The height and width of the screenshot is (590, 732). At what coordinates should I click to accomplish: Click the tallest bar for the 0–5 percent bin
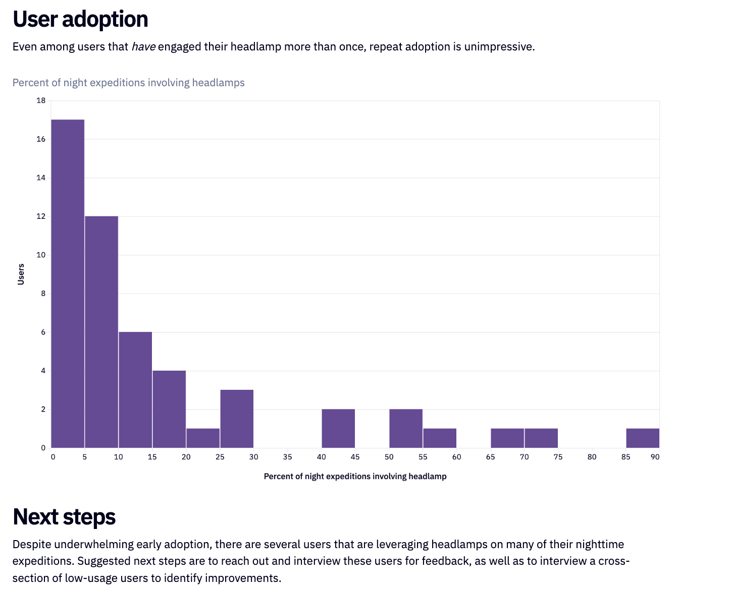point(68,283)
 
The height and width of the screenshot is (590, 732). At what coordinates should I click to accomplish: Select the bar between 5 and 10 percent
point(101,332)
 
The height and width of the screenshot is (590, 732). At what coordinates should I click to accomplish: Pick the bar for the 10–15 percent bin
point(135,390)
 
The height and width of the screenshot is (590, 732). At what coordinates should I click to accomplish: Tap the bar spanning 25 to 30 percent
point(237,419)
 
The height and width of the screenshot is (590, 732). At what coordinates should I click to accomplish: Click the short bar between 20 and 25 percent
point(203,438)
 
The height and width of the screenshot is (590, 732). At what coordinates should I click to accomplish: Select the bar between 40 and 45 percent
point(338,428)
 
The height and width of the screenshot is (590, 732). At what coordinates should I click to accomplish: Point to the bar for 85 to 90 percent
point(643,438)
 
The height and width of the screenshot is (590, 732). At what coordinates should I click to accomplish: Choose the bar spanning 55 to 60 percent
point(440,438)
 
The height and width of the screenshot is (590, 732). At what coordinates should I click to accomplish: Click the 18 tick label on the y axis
point(41,100)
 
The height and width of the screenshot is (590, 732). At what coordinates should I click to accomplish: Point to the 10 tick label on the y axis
point(41,255)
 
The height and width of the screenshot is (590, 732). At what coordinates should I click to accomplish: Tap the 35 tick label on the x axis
point(287,457)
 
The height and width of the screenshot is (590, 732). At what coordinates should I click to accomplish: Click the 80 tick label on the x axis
point(592,457)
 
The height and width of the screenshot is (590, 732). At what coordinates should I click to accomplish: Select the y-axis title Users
point(21,274)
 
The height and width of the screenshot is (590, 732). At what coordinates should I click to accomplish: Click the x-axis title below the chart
point(355,476)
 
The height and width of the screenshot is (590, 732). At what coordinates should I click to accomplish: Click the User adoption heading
point(80,19)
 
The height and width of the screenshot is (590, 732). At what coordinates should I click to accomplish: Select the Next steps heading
point(64,517)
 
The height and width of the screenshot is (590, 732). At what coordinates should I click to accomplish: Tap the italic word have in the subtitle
point(143,47)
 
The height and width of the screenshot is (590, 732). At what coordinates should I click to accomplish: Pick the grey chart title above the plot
point(128,83)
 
